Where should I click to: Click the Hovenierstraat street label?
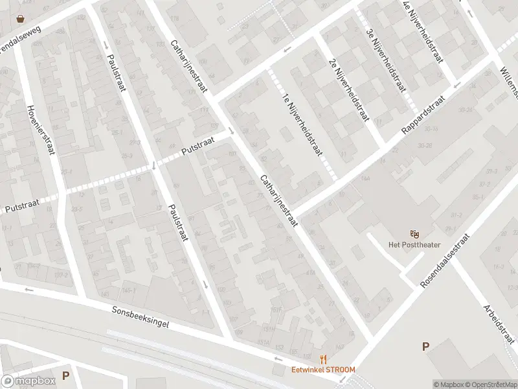coord(39,130)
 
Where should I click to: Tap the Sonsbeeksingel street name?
coord(140,317)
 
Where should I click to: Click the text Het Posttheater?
coord(414,244)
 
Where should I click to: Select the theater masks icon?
coord(414,233)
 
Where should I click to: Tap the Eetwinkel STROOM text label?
coord(322,370)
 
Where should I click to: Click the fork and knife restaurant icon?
coord(322,359)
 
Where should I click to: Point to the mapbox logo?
coord(28,381)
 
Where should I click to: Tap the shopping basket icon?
coord(21,19)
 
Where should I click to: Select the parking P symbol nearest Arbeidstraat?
coord(425,346)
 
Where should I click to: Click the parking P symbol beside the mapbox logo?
coord(65,375)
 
